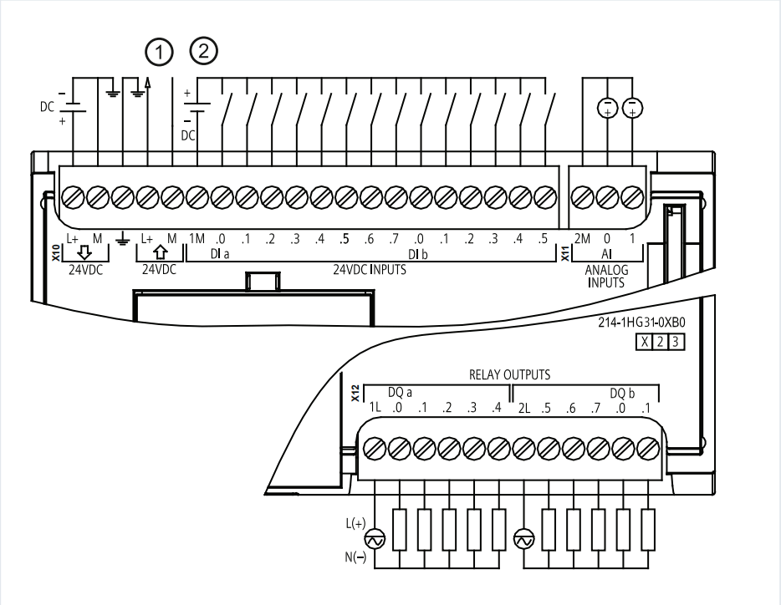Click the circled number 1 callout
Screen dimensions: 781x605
(x=160, y=53)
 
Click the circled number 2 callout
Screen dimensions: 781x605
(x=204, y=50)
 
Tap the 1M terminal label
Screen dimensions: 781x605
(x=197, y=239)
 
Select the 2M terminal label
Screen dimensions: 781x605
(x=582, y=239)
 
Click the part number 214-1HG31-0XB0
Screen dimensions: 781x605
(x=641, y=323)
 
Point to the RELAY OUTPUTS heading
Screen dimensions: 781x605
(x=509, y=375)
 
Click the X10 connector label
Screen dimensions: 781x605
(x=56, y=252)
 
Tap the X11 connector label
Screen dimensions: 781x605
(x=565, y=252)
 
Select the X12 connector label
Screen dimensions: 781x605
(x=355, y=394)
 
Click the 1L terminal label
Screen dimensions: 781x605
(x=375, y=408)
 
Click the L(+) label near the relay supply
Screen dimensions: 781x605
(x=355, y=523)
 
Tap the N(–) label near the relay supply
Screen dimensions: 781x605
(x=355, y=557)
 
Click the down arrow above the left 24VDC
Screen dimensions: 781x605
(x=84, y=252)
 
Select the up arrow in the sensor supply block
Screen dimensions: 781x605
(x=160, y=252)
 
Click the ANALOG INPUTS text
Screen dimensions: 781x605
(x=606, y=277)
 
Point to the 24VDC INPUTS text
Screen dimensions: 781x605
(x=370, y=270)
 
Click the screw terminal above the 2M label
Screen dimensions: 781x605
(x=582, y=198)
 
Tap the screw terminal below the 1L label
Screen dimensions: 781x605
(x=375, y=449)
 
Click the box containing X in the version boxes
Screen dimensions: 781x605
(x=645, y=342)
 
